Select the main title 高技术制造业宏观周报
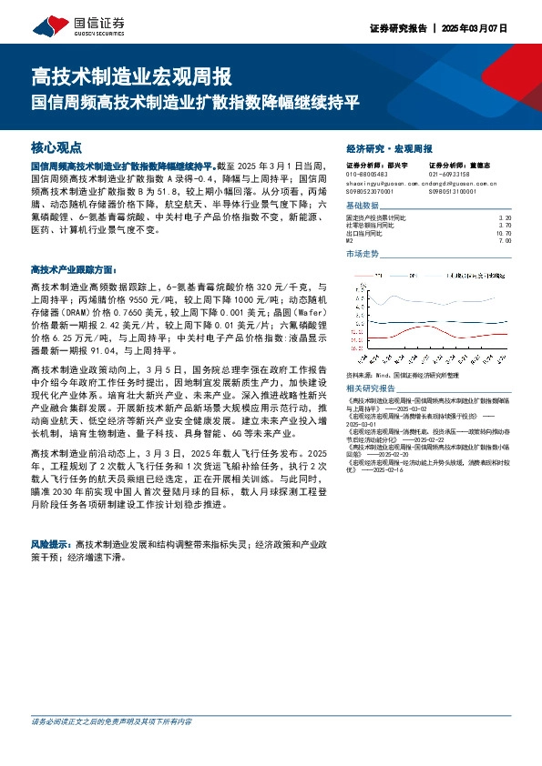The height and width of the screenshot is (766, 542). pyautogui.click(x=132, y=76)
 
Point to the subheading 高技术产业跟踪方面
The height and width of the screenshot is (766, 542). pyautogui.click(x=74, y=269)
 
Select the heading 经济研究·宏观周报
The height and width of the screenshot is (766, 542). pyautogui.click(x=389, y=147)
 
